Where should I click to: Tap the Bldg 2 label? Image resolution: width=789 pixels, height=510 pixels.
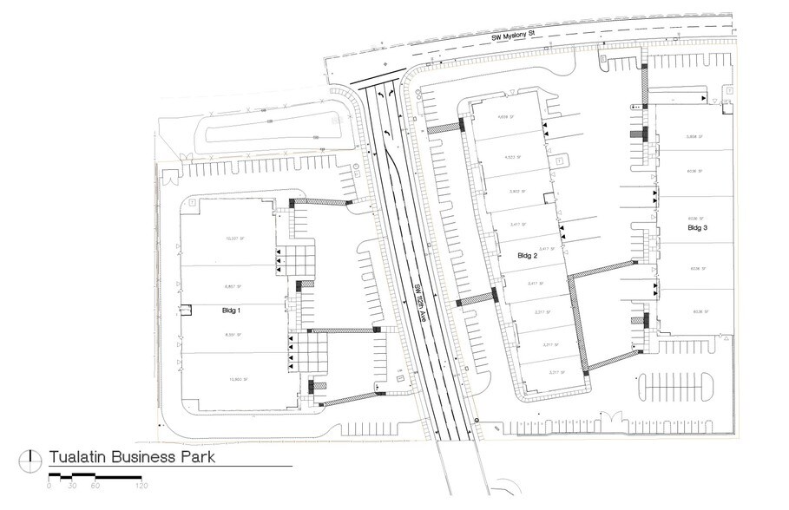(x=529, y=257)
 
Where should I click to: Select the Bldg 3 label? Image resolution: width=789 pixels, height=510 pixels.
(x=698, y=228)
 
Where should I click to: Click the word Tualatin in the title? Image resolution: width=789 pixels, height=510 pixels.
(x=78, y=456)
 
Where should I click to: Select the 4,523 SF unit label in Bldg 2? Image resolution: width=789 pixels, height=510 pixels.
(x=512, y=157)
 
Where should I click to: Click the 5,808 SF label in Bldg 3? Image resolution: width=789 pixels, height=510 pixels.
(x=693, y=137)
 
